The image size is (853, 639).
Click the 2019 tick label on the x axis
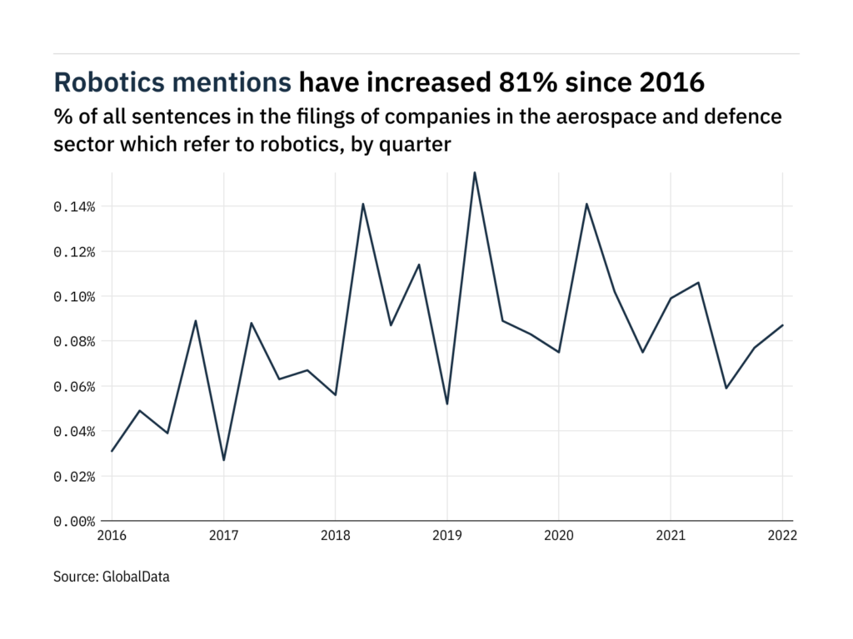tap(446, 537)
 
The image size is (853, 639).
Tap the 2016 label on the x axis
tap(112, 537)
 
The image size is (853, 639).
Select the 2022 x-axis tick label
tap(782, 537)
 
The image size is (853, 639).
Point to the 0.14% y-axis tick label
tap(74, 206)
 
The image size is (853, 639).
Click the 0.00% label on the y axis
tap(74, 522)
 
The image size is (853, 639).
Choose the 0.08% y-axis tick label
tap(74, 341)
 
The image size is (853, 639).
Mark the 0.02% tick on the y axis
tap(74, 477)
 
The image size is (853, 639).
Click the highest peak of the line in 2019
tap(475, 172)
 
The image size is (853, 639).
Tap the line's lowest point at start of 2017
tap(223, 460)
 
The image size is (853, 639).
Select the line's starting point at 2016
tap(112, 451)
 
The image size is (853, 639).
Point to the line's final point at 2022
tap(782, 325)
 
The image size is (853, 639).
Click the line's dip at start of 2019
tap(447, 404)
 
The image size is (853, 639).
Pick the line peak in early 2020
tap(586, 204)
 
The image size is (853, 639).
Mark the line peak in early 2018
tap(363, 204)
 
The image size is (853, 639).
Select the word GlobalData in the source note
tap(136, 576)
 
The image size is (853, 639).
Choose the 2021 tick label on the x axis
tap(670, 537)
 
